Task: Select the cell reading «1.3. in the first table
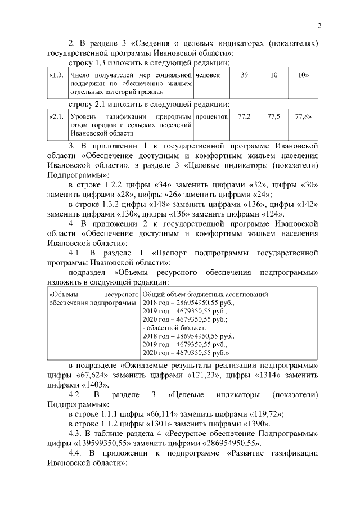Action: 56,75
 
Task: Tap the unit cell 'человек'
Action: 208,75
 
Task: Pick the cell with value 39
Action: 244,75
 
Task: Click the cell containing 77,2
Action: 244,116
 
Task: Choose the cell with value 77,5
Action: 274,116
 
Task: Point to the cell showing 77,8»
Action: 304,116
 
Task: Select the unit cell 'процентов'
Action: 211,116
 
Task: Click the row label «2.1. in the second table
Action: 56,116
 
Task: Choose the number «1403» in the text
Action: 93,385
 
